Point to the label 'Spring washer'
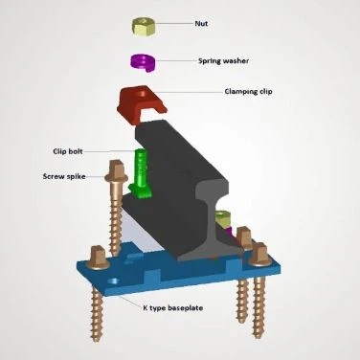click(x=224, y=60)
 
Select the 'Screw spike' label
click(x=63, y=175)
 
